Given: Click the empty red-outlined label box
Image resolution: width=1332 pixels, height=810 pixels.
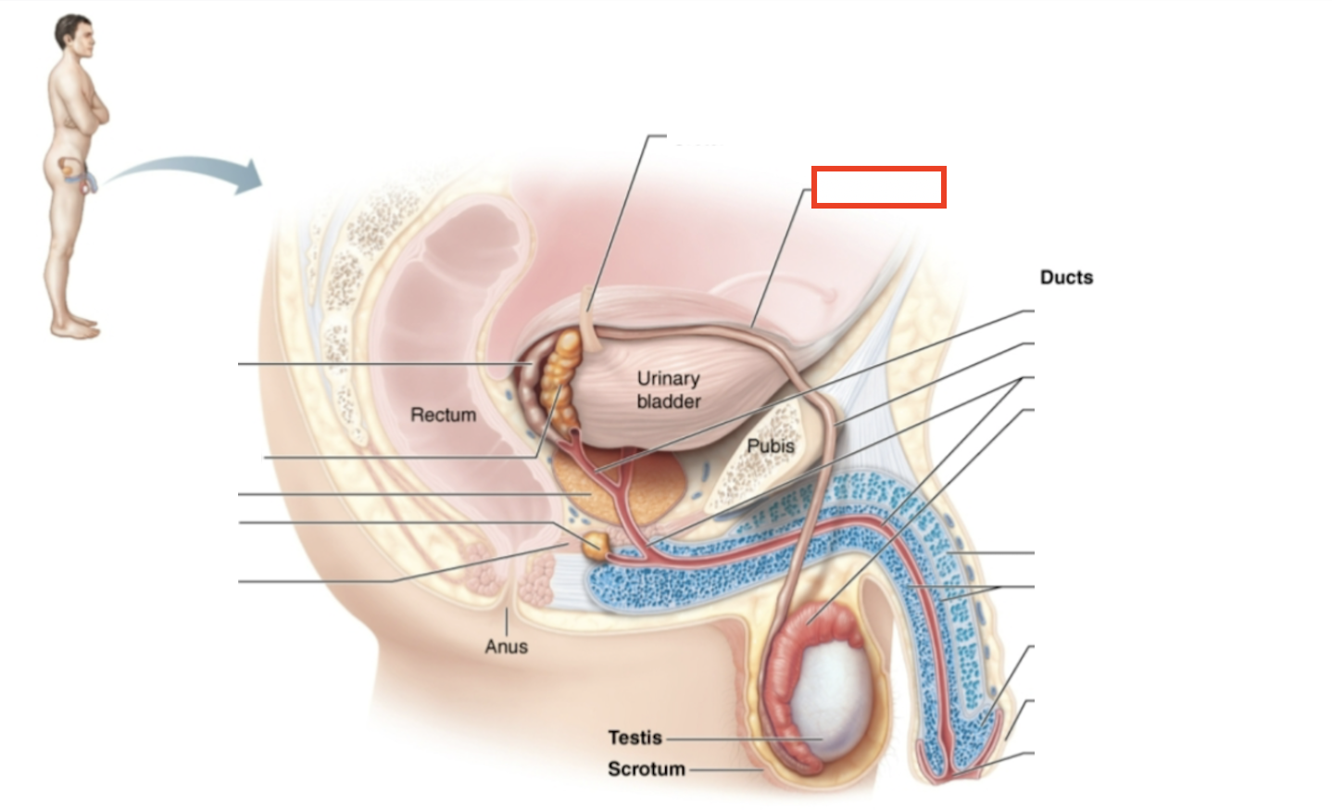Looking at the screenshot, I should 878,187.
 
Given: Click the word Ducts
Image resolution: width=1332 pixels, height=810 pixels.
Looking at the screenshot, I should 1066,277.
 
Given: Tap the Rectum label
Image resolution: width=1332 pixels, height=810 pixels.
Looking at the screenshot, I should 443,415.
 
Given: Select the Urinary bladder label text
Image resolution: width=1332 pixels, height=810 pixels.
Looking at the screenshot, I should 668,390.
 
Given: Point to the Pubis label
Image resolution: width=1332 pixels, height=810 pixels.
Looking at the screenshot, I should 771,446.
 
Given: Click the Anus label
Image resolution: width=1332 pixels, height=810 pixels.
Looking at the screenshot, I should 506,646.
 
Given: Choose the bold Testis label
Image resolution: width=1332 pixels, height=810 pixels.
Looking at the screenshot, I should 635,738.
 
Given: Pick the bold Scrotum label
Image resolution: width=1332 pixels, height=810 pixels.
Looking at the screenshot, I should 646,769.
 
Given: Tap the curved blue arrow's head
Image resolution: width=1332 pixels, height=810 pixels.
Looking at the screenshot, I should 248,176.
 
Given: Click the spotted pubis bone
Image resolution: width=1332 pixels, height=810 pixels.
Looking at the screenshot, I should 750,463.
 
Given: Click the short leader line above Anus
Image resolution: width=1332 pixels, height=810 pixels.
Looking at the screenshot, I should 506,621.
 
